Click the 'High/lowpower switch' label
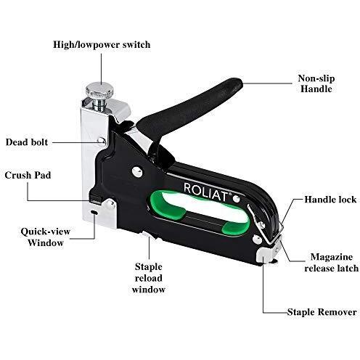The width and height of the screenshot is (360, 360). pyautogui.click(x=102, y=45)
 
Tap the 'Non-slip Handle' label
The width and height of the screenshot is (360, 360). pyautogui.click(x=316, y=83)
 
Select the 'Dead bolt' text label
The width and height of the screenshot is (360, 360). pyautogui.click(x=27, y=142)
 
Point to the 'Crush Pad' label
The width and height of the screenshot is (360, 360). pyautogui.click(x=28, y=175)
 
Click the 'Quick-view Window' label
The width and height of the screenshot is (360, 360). pyautogui.click(x=46, y=237)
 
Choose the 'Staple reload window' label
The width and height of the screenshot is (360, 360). pyautogui.click(x=149, y=278)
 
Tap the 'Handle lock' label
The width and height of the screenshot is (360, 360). pyautogui.click(x=330, y=200)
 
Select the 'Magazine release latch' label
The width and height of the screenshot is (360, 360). pyautogui.click(x=331, y=263)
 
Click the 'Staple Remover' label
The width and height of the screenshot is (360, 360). pyautogui.click(x=322, y=312)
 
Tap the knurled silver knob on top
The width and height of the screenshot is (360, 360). pyautogui.click(x=100, y=89)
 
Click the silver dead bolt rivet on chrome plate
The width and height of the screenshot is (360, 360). pyautogui.click(x=102, y=141)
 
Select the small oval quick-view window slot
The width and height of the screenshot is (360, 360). pyautogui.click(x=94, y=212)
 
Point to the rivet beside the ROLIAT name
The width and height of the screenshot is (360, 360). pyautogui.click(x=236, y=199)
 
